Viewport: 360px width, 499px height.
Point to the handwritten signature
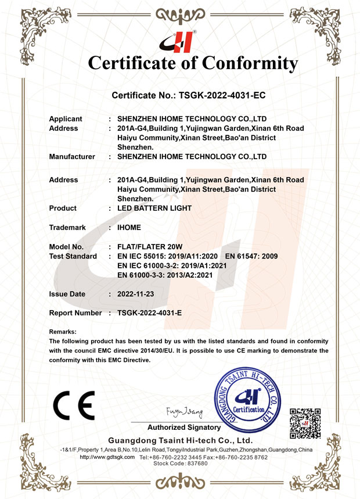pyautogui.click(x=184, y=413)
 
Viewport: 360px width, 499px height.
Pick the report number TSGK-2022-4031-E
pyautogui.click(x=150, y=313)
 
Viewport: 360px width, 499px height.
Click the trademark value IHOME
pyautogui.click(x=129, y=228)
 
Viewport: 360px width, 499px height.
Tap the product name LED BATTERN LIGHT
pyautogui.click(x=154, y=208)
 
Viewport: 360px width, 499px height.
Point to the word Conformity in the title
pyautogui.click(x=248, y=63)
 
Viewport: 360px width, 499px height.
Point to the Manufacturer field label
pyautogui.click(x=72, y=156)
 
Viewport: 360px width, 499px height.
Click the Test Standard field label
pyautogui.click(x=73, y=256)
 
